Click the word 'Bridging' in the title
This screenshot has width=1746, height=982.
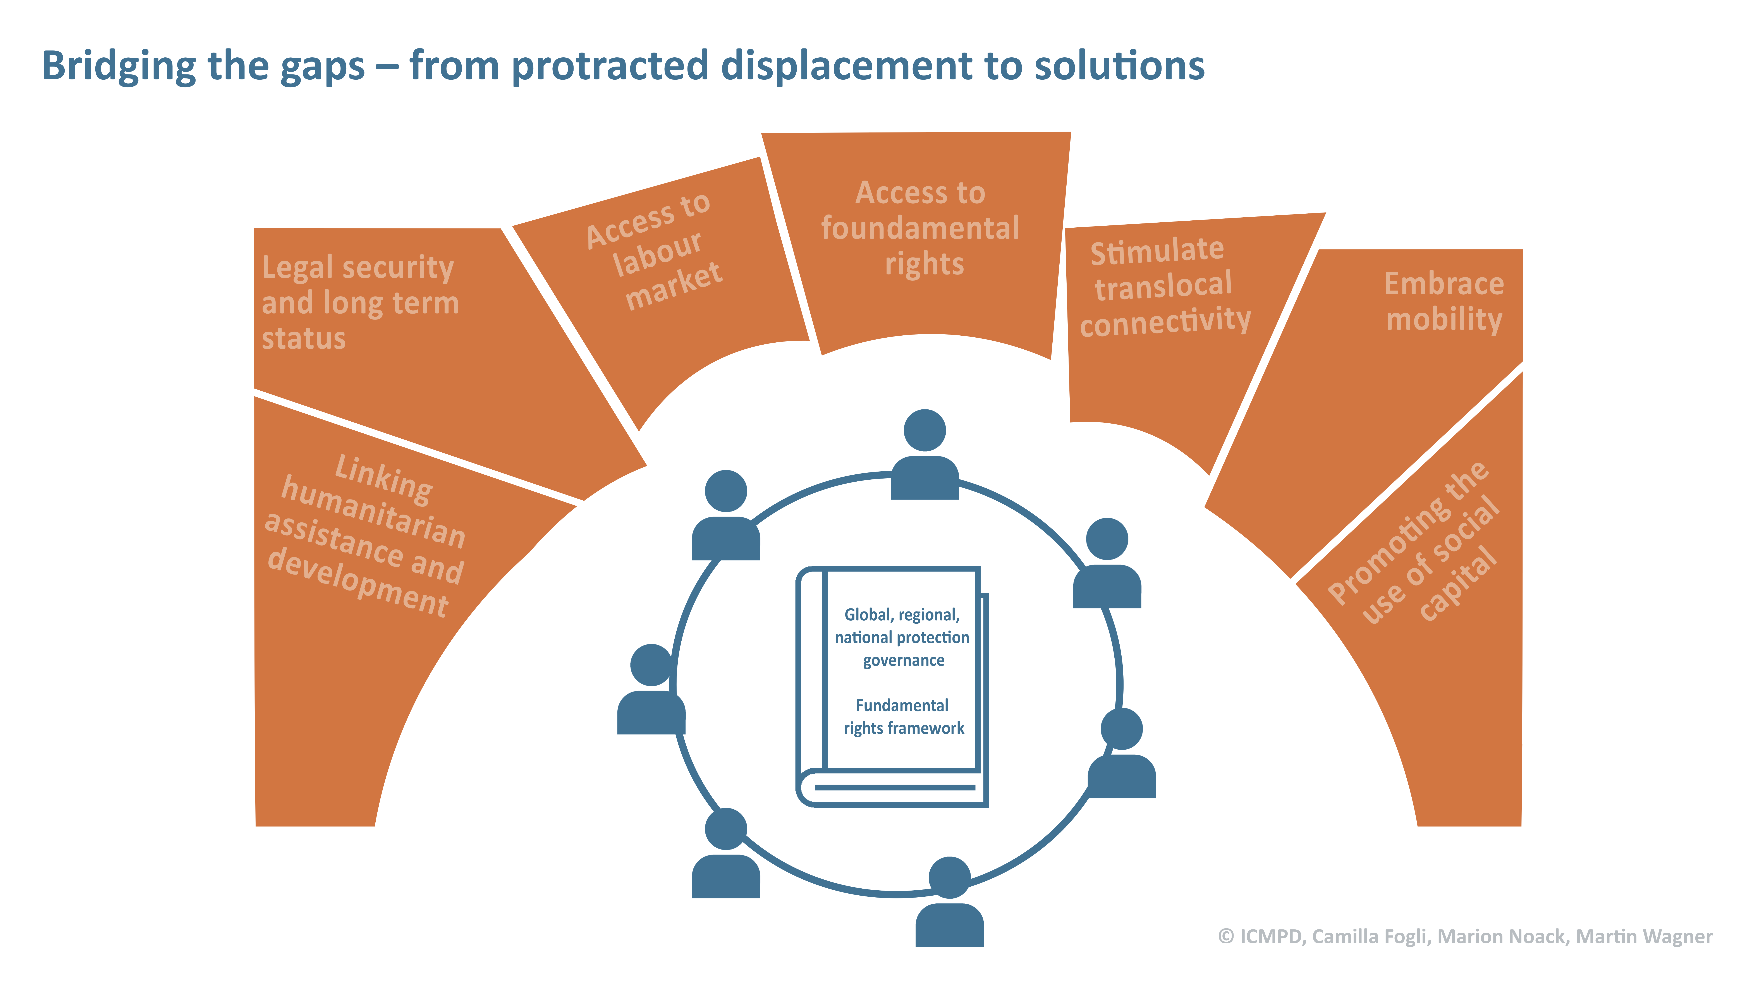click(x=119, y=66)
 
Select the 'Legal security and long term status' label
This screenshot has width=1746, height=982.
click(x=360, y=302)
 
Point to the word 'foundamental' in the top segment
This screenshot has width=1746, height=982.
click(x=920, y=228)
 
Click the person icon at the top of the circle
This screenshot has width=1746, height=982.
click(x=925, y=454)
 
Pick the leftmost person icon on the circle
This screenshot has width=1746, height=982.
click(x=651, y=688)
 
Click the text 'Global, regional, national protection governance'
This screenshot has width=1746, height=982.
click(x=902, y=637)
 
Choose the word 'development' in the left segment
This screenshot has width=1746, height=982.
click(x=358, y=582)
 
